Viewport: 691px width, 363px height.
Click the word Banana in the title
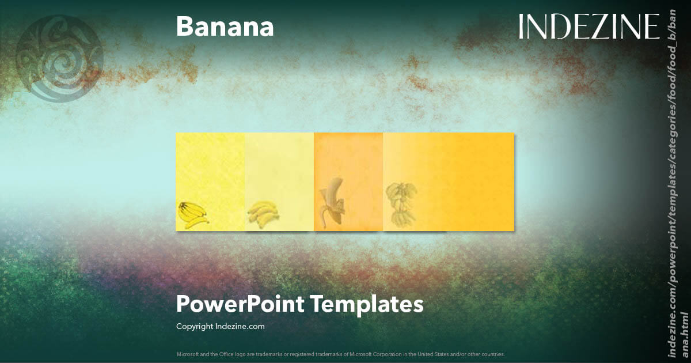point(225,27)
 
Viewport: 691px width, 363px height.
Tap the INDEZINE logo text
point(589,27)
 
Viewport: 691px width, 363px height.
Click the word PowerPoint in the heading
point(241,304)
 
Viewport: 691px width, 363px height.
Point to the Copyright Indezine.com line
point(220,326)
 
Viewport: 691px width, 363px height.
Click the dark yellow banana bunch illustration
point(192,215)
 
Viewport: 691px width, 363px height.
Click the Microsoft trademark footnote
point(340,354)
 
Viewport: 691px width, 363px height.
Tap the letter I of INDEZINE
point(522,27)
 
